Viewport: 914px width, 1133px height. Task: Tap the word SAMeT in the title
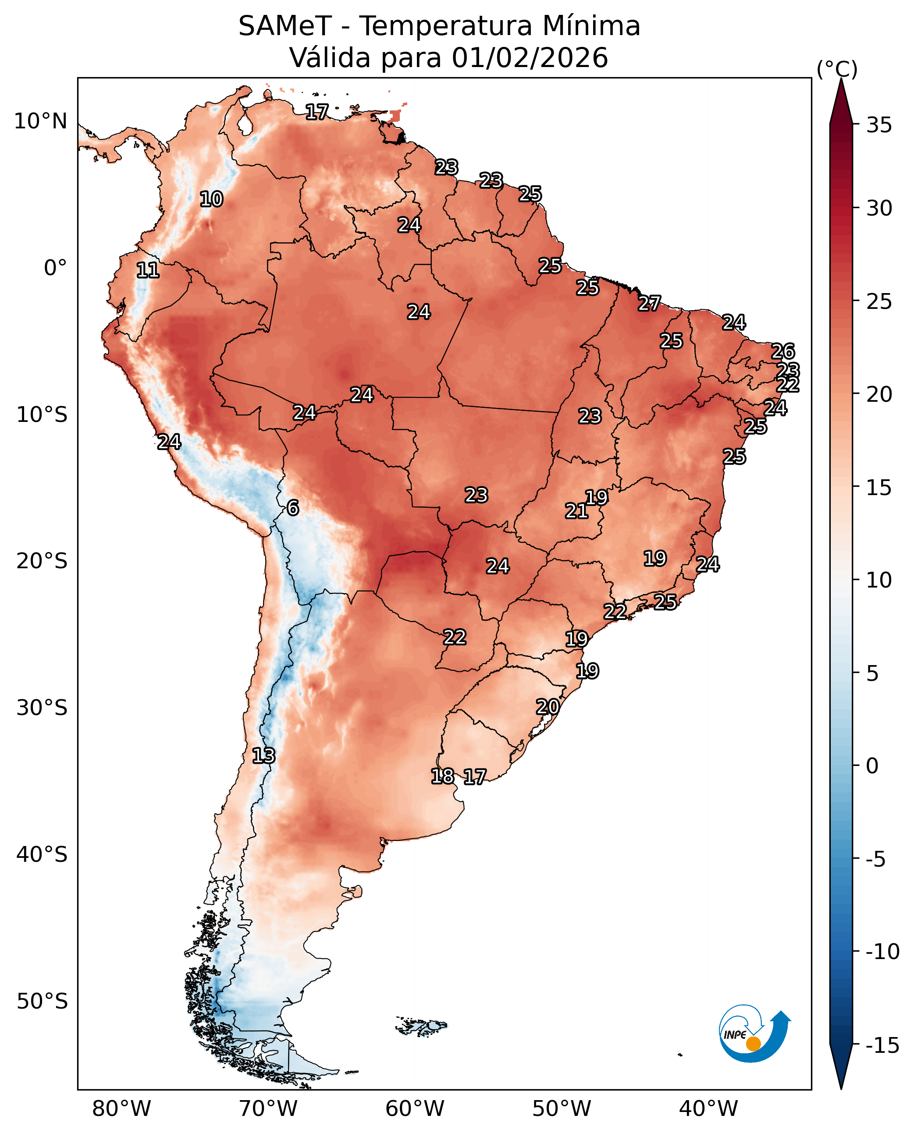(285, 26)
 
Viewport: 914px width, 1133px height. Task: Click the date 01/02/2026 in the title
(530, 58)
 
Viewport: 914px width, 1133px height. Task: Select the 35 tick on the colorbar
(879, 125)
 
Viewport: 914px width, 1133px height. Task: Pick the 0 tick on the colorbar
(872, 766)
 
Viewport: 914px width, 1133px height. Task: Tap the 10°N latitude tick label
(40, 121)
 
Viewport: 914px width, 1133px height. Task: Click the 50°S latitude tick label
(42, 1002)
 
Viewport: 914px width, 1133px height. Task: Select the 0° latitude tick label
(56, 269)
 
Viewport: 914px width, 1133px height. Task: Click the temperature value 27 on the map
(649, 304)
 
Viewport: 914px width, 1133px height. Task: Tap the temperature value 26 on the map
(783, 351)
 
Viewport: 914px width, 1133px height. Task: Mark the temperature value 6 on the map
(293, 508)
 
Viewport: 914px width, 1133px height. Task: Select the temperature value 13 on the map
(264, 756)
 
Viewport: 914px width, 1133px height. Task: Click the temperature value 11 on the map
(148, 270)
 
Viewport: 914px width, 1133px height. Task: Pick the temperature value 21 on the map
(576, 511)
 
